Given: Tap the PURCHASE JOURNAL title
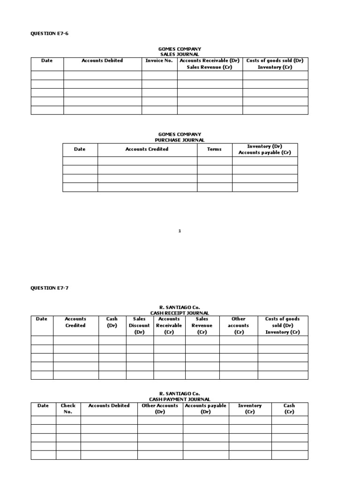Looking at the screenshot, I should coord(180,140).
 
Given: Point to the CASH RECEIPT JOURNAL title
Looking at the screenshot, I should coord(180,313).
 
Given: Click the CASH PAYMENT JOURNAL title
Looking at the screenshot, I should coord(180,399).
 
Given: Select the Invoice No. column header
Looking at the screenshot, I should coord(159,60).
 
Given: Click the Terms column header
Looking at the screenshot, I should coord(214,149).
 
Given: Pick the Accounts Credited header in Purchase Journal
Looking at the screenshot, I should coord(147,149).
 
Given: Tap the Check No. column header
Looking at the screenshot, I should coord(68,409).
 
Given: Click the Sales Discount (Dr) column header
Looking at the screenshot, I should coord(139,325).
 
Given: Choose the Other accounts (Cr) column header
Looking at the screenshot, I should coord(238,325).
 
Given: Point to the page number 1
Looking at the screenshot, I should coord(180,231).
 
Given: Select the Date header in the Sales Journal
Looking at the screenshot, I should coord(47,60).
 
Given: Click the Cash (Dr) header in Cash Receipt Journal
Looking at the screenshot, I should coord(112,322).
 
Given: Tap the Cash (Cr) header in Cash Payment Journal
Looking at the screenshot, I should coord(289,409).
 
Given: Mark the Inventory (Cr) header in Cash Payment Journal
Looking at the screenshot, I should coord(250,409).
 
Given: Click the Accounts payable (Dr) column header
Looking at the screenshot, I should coord(205,409).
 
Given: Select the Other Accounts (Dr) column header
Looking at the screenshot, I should coord(160,409).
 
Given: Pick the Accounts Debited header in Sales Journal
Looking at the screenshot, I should coord(102,60).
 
